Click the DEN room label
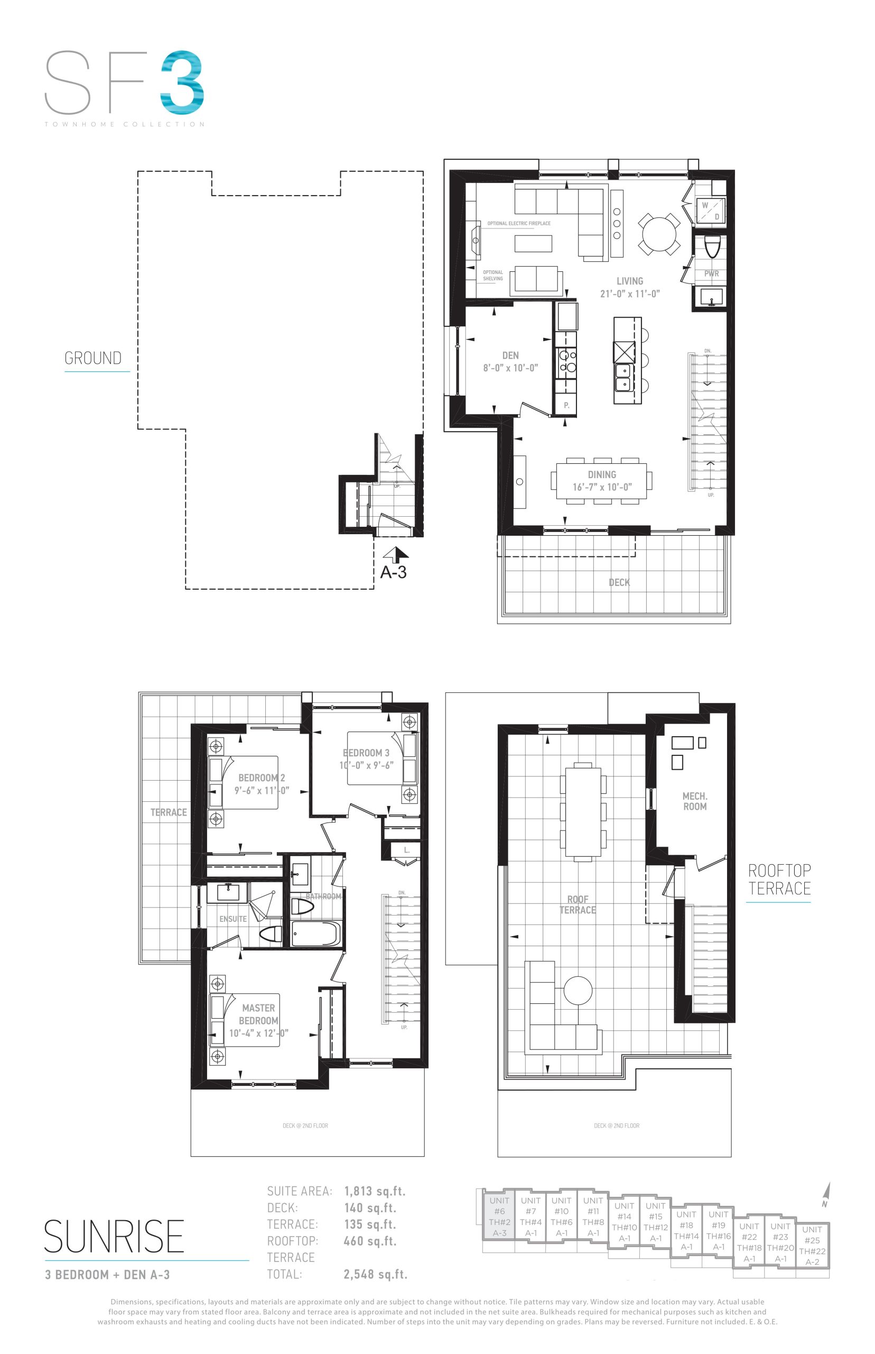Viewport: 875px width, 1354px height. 510,355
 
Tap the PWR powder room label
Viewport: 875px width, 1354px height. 711,273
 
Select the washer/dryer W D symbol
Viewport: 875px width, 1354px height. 710,211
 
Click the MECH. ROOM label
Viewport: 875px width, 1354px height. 695,801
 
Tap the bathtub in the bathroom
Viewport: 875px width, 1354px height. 315,933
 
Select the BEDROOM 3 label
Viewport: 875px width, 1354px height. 367,752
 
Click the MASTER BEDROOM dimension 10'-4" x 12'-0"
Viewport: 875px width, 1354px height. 258,1033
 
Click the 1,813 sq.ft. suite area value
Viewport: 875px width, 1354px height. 375,1190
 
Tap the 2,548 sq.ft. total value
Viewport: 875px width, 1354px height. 375,1274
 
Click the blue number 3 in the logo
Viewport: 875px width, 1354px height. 182,80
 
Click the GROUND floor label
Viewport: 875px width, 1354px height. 93,358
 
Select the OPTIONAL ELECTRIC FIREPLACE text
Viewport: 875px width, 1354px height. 519,224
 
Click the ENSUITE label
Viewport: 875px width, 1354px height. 233,918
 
